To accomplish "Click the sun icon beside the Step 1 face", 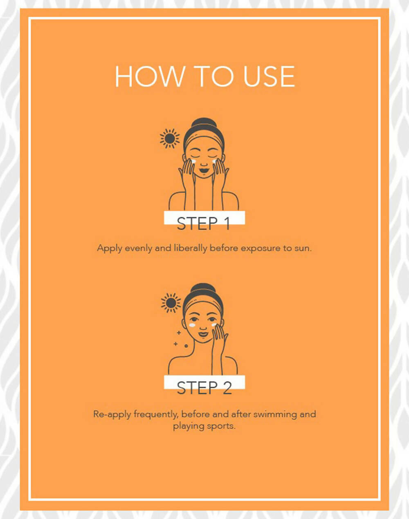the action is [x=170, y=139].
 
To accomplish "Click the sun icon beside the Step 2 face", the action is [x=171, y=303].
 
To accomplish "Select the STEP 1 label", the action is [x=203, y=223].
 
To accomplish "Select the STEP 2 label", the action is [x=204, y=388].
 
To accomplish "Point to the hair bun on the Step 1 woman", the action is [x=204, y=123].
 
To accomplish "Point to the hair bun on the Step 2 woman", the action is [x=203, y=288].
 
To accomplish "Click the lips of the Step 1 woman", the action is [x=204, y=170].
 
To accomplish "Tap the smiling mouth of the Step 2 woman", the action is [x=203, y=334].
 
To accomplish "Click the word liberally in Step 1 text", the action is [x=191, y=248].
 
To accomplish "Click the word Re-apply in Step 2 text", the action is [x=112, y=414].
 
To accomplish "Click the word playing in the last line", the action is [x=189, y=426].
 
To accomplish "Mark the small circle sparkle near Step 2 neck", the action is [x=186, y=346].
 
